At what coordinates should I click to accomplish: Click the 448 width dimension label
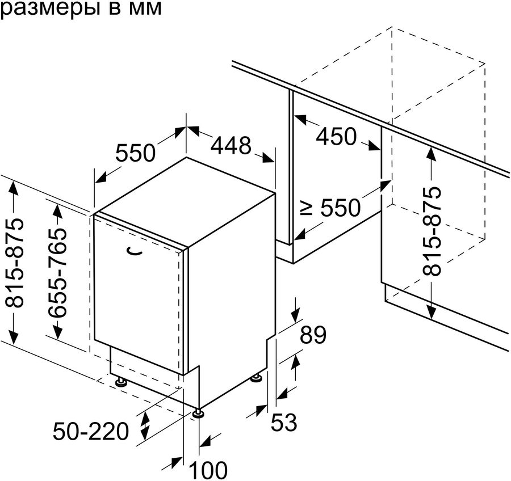[231, 146]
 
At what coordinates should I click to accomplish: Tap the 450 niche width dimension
[337, 137]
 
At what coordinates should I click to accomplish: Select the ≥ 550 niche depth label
[330, 208]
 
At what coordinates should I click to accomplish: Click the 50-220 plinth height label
[91, 432]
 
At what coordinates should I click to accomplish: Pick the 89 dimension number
[313, 335]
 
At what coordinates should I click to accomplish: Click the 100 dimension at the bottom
[208, 470]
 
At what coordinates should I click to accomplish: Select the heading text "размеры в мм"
[81, 8]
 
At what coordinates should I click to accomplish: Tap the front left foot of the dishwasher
[122, 382]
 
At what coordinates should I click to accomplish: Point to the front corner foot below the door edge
[198, 413]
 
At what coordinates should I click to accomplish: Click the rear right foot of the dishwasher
[256, 378]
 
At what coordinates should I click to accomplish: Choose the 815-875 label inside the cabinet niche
[432, 231]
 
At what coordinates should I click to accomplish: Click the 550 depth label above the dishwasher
[136, 153]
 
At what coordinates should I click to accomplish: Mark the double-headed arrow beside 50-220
[145, 425]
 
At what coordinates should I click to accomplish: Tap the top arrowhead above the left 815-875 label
[14, 188]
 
